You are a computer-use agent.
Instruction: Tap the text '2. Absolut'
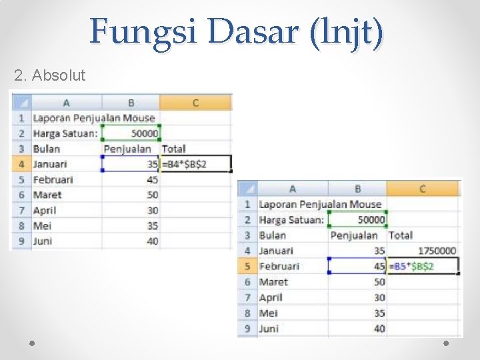(49, 75)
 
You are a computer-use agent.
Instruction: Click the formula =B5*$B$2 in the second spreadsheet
(413, 267)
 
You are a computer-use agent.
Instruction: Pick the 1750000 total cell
(437, 251)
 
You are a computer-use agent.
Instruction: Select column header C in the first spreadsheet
(195, 103)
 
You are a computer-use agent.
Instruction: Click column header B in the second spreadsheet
(358, 189)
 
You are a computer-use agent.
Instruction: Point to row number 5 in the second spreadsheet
(247, 266)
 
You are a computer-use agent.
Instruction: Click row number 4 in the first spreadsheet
(21, 164)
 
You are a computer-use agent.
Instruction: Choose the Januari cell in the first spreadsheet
(51, 164)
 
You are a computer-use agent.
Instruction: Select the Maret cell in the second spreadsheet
(273, 282)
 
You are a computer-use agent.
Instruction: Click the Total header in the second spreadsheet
(401, 235)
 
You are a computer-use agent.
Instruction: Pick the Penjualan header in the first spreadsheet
(127, 149)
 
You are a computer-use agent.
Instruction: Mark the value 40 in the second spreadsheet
(379, 328)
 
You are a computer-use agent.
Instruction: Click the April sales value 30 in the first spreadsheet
(152, 210)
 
